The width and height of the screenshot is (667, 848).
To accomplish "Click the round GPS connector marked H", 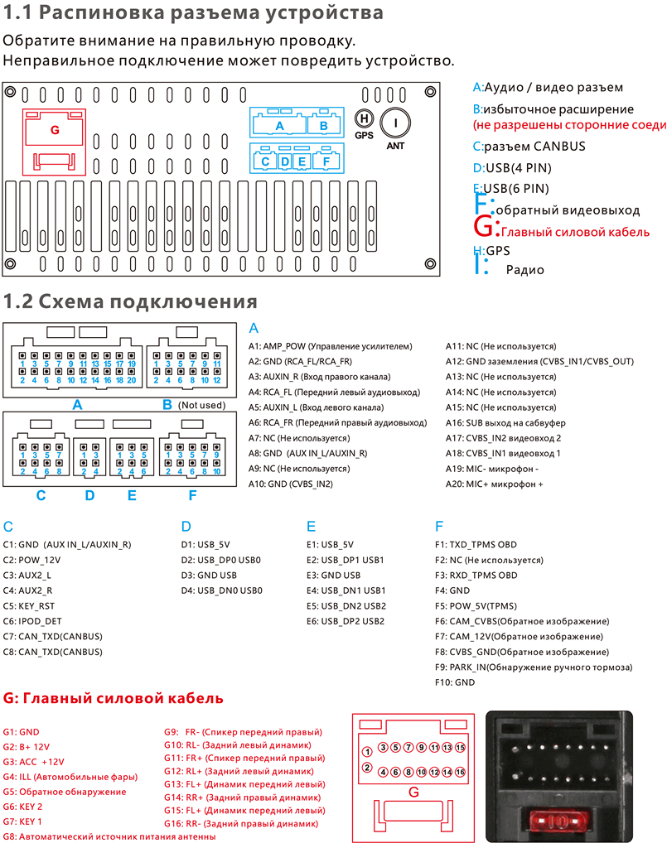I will [x=364, y=120].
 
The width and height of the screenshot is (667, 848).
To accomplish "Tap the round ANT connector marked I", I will [x=396, y=123].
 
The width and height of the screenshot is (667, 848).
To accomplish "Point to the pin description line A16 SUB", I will [x=504, y=422].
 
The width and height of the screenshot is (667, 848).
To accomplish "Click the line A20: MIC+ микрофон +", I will [x=495, y=484].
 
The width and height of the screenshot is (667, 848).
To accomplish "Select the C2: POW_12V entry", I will [x=34, y=560].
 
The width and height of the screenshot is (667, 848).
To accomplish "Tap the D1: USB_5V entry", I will [x=207, y=545].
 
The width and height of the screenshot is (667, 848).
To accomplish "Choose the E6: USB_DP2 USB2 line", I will [x=345, y=621].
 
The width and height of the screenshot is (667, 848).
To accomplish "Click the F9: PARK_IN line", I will [x=533, y=667].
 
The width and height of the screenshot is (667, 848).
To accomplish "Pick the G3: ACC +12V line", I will [x=33, y=762].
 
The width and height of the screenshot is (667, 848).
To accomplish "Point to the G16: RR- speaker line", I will [x=240, y=824].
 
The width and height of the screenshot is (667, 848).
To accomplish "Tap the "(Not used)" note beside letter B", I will [x=202, y=405].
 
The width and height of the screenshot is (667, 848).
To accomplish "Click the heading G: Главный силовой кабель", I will [x=114, y=698].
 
